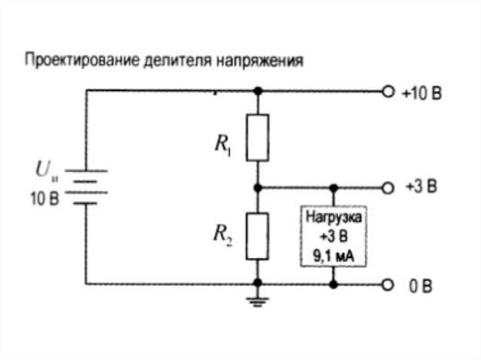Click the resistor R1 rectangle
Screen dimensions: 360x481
pyautogui.click(x=257, y=138)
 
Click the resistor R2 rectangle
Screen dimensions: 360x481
pyautogui.click(x=257, y=236)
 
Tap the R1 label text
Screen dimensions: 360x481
pyautogui.click(x=222, y=145)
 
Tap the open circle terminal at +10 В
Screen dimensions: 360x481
pyautogui.click(x=387, y=92)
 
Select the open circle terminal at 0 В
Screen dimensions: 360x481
pyautogui.click(x=387, y=284)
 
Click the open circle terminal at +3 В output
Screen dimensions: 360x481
pyautogui.click(x=387, y=188)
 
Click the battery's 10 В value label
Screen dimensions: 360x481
pyautogui.click(x=45, y=199)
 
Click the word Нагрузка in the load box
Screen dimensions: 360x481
pyautogui.click(x=334, y=218)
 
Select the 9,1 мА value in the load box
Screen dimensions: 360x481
pyautogui.click(x=334, y=255)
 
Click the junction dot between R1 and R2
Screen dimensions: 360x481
pyautogui.click(x=257, y=188)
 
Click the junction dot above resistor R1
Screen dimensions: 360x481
pyautogui.click(x=257, y=90)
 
